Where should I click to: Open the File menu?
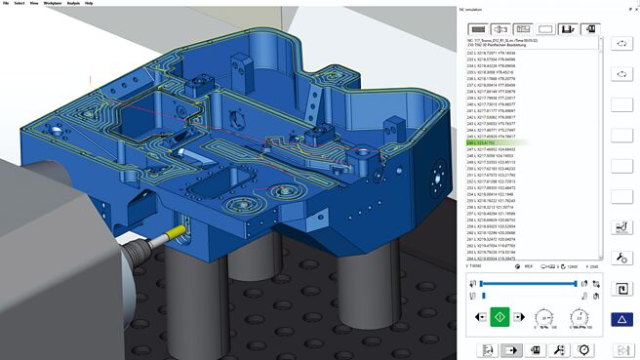click(x=5, y=3)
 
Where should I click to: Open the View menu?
click(x=33, y=3)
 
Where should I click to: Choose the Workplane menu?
click(x=52, y=3)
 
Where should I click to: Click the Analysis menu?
click(x=72, y=3)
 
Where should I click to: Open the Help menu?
click(x=90, y=3)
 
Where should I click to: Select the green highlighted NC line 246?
click(x=507, y=142)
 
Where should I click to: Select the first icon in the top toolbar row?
click(x=479, y=29)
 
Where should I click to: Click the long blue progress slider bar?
click(x=532, y=283)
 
